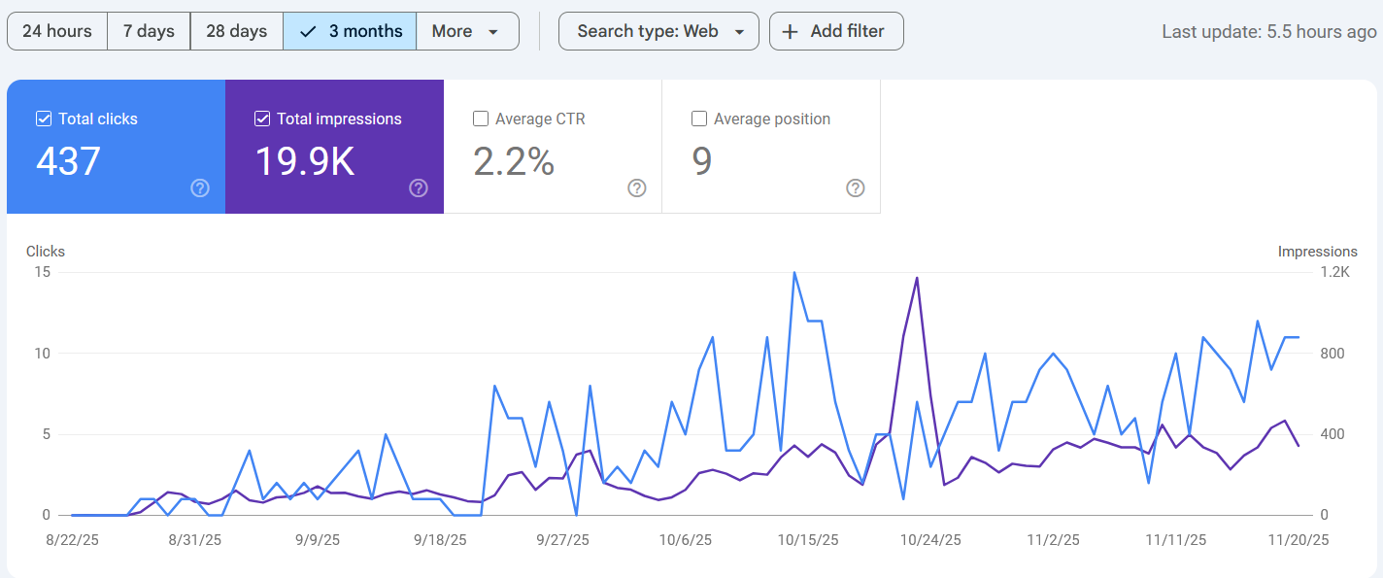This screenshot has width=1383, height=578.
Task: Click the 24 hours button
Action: (x=57, y=31)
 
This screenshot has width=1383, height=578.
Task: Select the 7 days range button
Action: (x=149, y=31)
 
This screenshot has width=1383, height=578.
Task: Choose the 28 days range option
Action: (x=236, y=31)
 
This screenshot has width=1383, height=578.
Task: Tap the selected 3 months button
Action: (x=350, y=31)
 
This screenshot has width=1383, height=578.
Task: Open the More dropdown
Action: (x=466, y=31)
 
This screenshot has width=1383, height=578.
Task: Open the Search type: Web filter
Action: (x=658, y=31)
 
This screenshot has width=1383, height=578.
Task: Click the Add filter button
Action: (x=835, y=31)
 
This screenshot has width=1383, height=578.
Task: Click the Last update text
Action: (x=1268, y=32)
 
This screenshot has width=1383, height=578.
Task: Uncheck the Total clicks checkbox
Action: (x=44, y=119)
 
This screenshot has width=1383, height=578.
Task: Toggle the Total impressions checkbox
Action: (x=262, y=119)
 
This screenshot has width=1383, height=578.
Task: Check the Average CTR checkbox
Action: (x=481, y=119)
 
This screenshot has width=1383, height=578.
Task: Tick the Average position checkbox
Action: (x=699, y=119)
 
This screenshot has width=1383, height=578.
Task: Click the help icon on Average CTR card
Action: (x=637, y=188)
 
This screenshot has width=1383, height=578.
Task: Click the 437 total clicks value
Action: (x=68, y=162)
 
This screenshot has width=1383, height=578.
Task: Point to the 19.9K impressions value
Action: (x=304, y=162)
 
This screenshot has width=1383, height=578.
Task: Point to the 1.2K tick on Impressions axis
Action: (x=1333, y=272)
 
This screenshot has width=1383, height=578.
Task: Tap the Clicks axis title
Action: (x=46, y=251)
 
